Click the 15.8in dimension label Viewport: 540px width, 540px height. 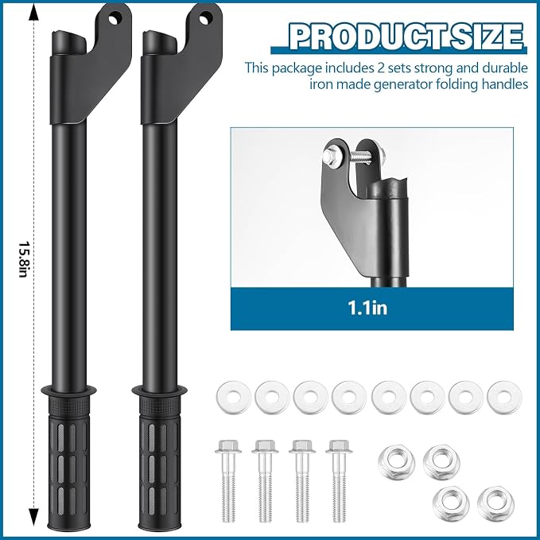[23, 259]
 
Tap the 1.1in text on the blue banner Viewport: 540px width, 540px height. [367, 308]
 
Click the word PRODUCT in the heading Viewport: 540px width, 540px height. [366, 36]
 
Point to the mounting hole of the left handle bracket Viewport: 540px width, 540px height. [115, 18]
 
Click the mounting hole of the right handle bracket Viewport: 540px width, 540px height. [205, 18]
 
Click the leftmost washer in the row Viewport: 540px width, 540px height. [234, 397]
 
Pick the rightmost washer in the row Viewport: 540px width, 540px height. [504, 397]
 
